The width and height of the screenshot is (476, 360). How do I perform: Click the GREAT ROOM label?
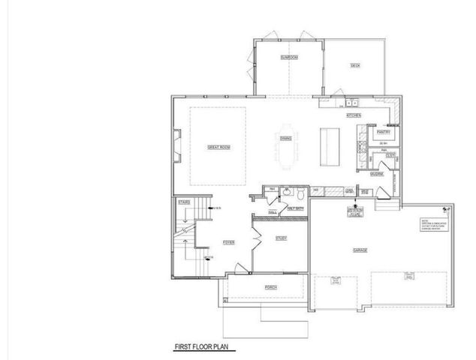click(x=218, y=147)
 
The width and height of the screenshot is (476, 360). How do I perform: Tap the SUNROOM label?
click(x=289, y=57)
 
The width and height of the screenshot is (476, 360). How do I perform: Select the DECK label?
click(x=355, y=66)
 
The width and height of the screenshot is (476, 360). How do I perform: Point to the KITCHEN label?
click(x=354, y=115)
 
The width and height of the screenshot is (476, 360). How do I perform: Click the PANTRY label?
click(x=382, y=131)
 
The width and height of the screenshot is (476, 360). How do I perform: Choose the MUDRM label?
click(x=377, y=173)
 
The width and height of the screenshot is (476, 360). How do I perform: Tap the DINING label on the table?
click(x=286, y=138)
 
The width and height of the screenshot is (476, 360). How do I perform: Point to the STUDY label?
click(x=281, y=238)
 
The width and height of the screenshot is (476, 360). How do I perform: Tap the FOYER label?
click(x=229, y=242)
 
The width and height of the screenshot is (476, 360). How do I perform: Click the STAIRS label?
click(x=183, y=202)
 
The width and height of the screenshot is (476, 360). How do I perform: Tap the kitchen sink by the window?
click(x=351, y=104)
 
